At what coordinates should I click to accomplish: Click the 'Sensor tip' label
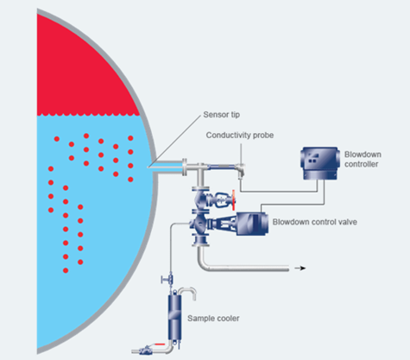point(221,115)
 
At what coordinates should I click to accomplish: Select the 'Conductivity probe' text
point(240,135)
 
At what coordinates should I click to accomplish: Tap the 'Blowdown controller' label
point(363,159)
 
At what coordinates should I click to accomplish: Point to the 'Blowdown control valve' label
point(315,222)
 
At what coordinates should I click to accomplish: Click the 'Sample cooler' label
point(213,319)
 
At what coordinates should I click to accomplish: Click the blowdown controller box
point(319,163)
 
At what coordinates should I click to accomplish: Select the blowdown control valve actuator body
point(252,224)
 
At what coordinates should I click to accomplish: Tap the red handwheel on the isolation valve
point(234,200)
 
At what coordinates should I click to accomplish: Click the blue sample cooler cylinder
point(174,317)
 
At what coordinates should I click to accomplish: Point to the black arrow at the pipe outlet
point(300,268)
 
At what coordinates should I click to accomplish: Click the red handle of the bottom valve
point(160,344)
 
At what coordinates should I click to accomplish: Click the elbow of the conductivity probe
point(240,170)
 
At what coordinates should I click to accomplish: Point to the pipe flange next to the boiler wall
point(185,167)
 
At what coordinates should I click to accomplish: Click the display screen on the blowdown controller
point(312,158)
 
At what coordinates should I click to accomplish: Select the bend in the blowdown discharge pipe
point(203,265)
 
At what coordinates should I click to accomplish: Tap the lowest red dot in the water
point(66,270)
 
